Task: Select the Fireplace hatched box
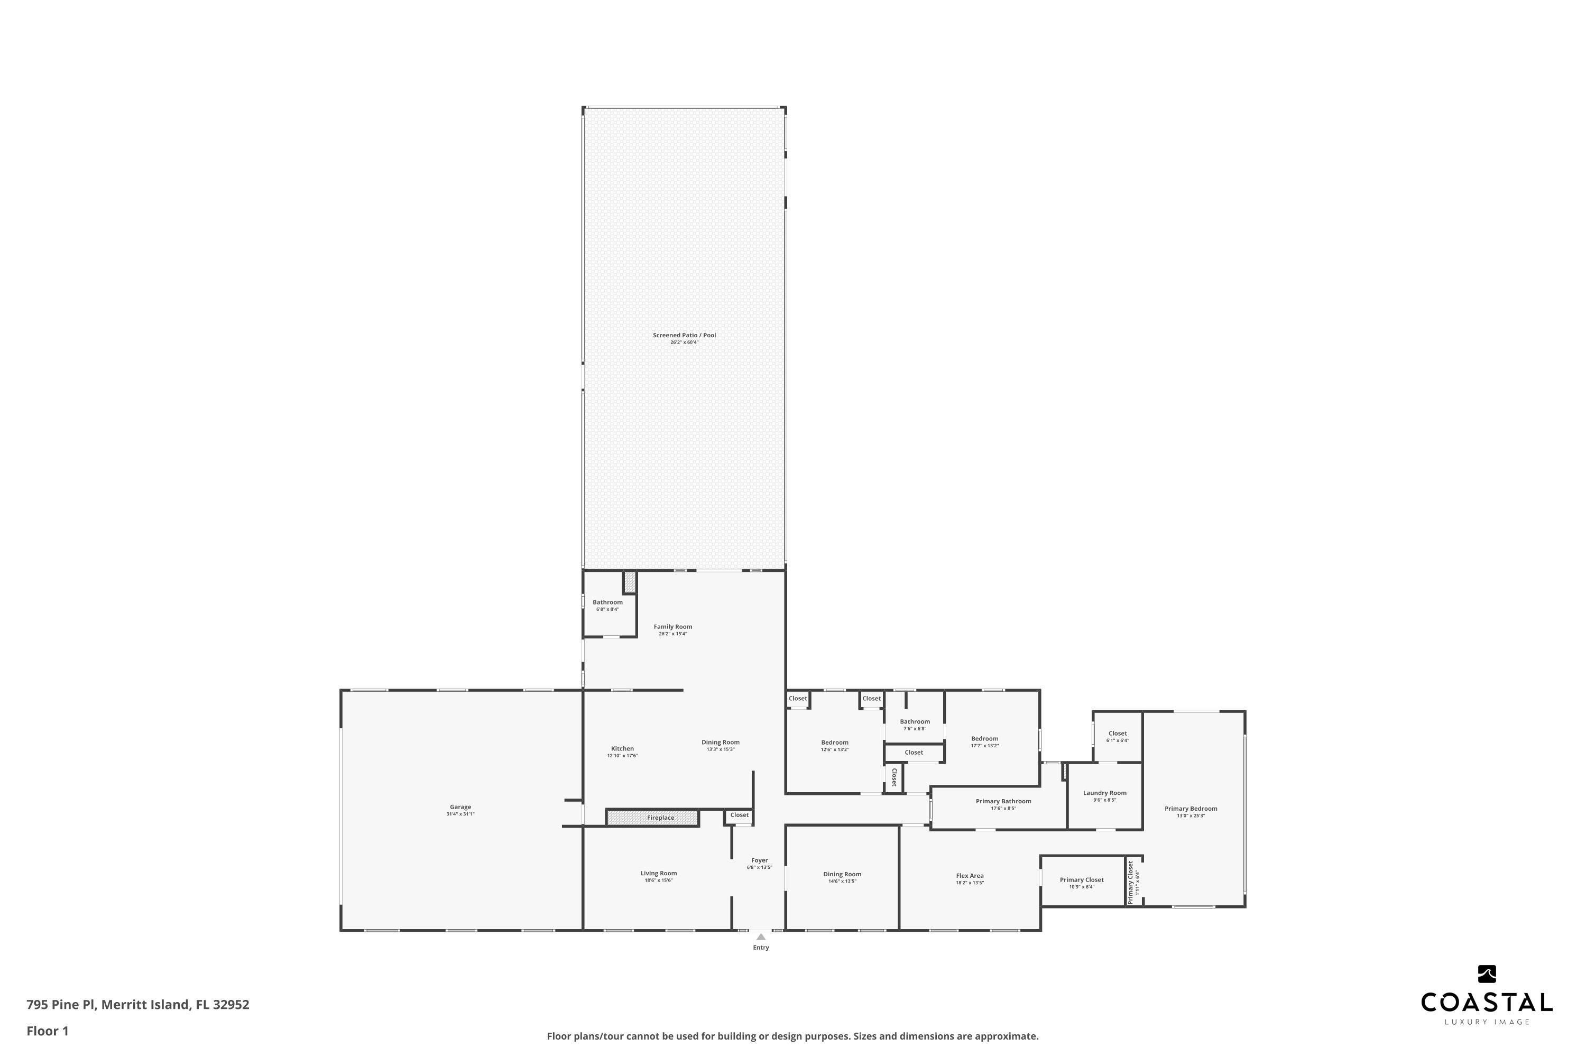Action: point(652,818)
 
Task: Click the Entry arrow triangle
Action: point(761,937)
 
